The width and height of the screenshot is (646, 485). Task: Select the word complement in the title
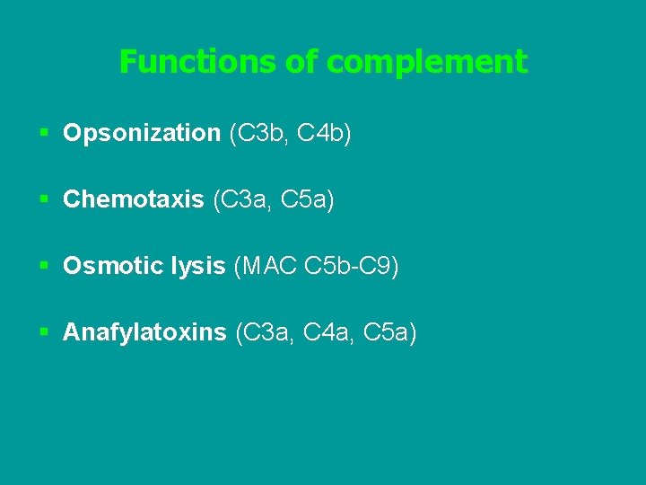coord(427,62)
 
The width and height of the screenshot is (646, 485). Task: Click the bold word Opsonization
coord(142,134)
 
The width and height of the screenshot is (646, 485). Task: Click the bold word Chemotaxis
coord(134,200)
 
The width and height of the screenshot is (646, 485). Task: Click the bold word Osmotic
coord(105,267)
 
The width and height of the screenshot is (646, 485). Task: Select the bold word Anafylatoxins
coord(144,333)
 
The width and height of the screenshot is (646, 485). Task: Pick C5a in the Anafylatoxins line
coord(388,333)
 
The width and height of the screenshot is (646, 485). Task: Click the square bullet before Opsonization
coord(44,134)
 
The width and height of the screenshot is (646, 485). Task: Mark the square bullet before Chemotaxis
coord(44,200)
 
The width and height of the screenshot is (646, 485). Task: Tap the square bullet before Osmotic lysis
coord(44,267)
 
